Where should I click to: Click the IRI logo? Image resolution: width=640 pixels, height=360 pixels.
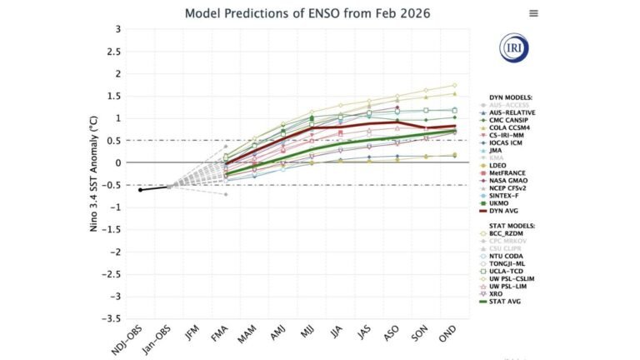click(513, 48)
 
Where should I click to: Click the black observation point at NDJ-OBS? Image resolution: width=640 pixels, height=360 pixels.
click(140, 190)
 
